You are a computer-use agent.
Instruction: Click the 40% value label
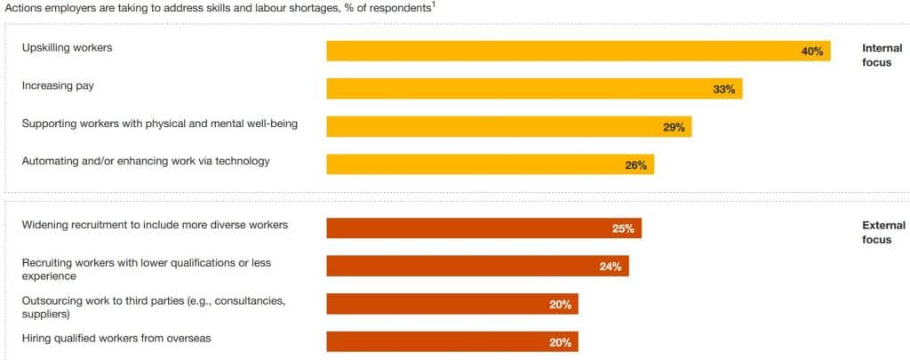point(811,52)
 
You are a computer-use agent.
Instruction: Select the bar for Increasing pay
point(533,89)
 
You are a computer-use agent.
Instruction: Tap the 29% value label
point(674,127)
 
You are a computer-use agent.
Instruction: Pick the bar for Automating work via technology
point(489,164)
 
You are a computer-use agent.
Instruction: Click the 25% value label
point(623,228)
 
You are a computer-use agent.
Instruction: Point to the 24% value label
point(610,267)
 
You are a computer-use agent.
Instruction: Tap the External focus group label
point(883,233)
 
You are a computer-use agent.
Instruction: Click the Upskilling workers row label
point(68,48)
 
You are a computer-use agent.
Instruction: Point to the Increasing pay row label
point(58,85)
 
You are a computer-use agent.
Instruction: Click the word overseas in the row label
point(188,338)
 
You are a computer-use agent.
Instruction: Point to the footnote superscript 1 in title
point(433,4)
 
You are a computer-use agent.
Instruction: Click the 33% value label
point(723,90)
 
